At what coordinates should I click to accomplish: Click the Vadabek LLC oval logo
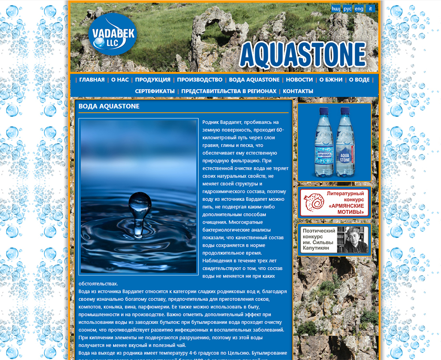click(112, 34)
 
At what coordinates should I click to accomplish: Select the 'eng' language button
click(359, 8)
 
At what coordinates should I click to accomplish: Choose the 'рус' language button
click(348, 8)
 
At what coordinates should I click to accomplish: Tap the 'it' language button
click(370, 8)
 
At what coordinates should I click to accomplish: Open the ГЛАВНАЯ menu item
click(92, 80)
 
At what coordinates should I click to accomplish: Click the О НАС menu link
click(120, 80)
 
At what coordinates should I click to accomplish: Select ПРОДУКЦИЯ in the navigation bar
click(153, 80)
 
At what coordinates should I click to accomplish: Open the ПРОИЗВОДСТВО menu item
click(200, 80)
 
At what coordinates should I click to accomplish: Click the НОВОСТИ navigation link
click(299, 80)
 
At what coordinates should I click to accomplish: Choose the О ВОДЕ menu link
click(359, 80)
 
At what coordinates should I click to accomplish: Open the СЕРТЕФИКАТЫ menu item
click(155, 91)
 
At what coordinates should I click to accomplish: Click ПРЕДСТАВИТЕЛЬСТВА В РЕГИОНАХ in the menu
click(229, 91)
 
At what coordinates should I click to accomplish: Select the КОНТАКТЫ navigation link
click(298, 91)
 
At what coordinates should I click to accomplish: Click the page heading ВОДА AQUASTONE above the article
click(109, 106)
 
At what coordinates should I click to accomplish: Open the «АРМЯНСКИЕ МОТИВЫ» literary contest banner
click(334, 203)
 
